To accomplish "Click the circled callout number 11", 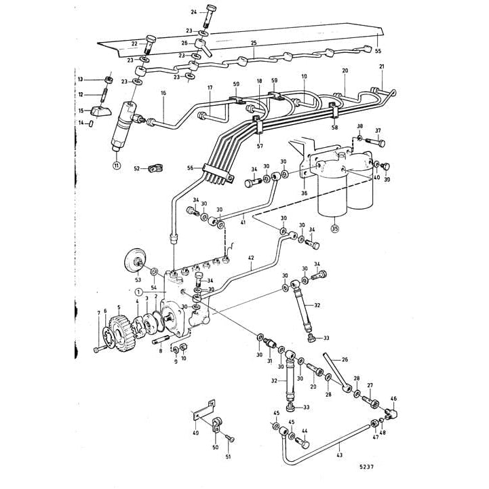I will (x=115, y=165).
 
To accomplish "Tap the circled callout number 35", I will (x=334, y=229).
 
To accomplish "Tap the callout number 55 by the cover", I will (x=378, y=52).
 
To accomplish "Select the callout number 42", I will (x=251, y=258).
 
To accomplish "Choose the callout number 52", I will (x=136, y=168).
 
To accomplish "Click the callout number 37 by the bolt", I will (x=378, y=130).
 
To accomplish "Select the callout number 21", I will (x=381, y=66).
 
